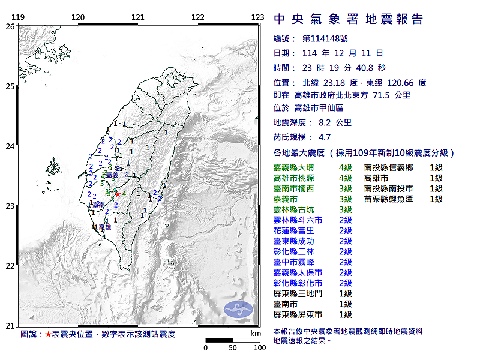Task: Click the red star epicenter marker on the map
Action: tap(118, 194)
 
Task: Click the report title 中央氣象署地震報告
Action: tap(349, 19)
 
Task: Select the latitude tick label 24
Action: tap(10, 146)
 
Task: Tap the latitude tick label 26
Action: tap(10, 26)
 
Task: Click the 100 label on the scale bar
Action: tap(260, 347)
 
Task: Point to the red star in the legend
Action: tap(48, 334)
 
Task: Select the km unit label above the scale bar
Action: tap(256, 333)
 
